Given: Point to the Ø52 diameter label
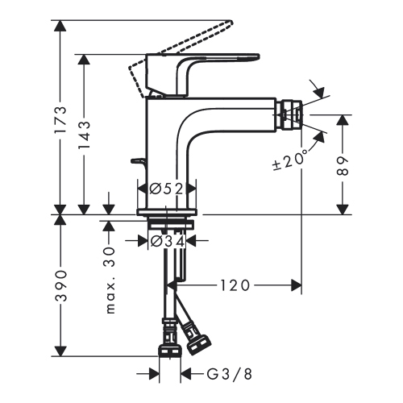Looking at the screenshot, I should [x=167, y=189].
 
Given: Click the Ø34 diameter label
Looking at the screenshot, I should [x=167, y=239].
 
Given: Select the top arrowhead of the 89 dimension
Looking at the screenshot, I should [x=344, y=118].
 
